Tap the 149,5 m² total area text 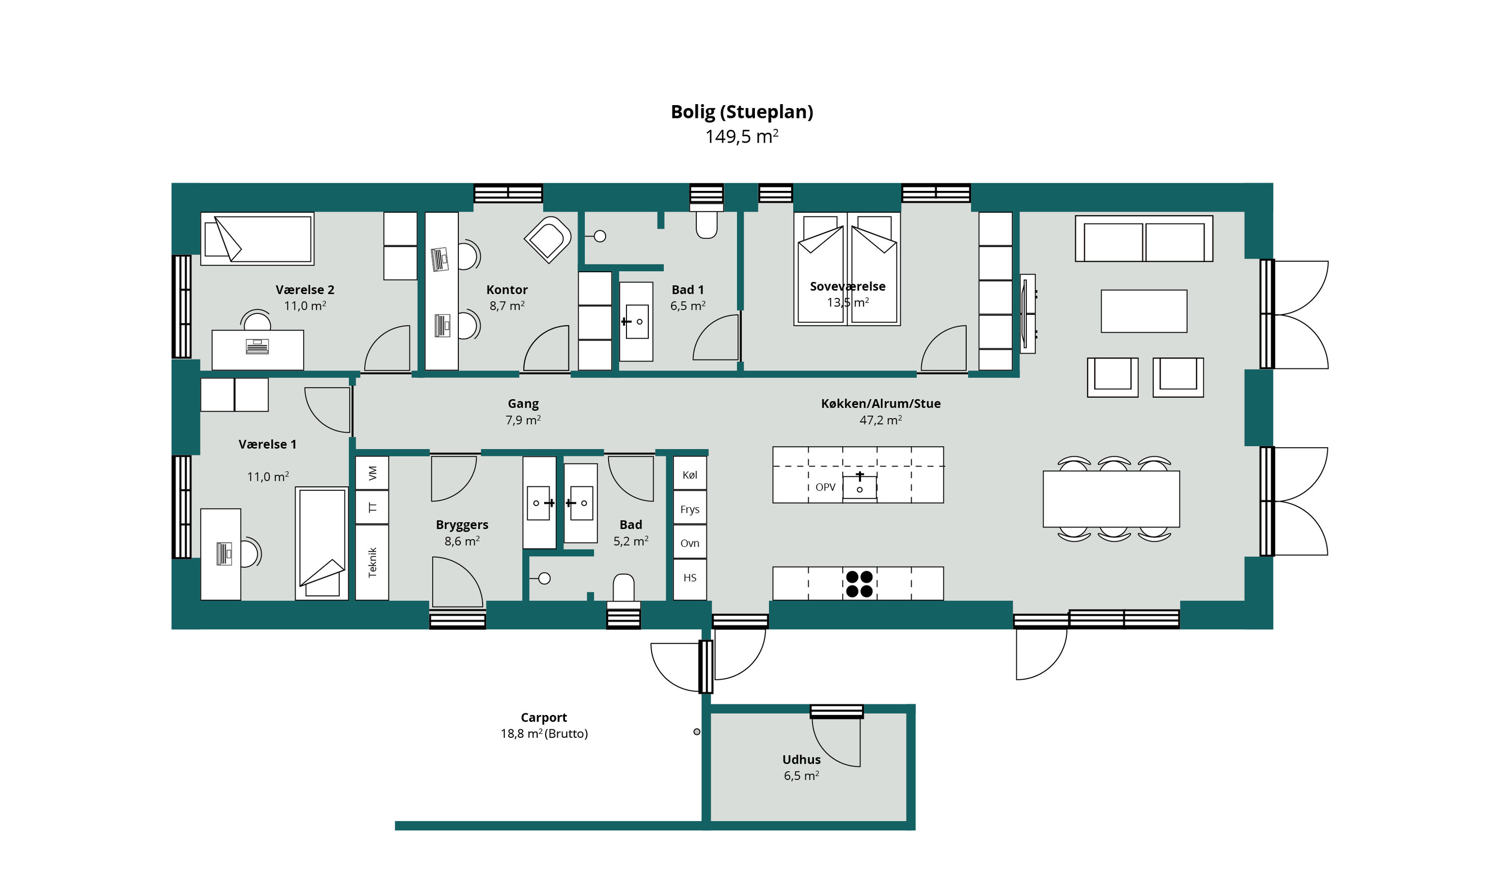[x=742, y=137]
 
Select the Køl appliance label [x=690, y=475]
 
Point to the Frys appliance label [x=690, y=510]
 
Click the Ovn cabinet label [x=690, y=543]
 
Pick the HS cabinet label [x=690, y=578]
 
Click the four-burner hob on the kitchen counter [x=860, y=584]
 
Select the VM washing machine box [x=372, y=473]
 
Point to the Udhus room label [x=802, y=760]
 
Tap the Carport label [x=544, y=717]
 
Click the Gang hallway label [x=523, y=405]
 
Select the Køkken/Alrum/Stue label [x=880, y=404]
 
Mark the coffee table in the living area [x=1144, y=311]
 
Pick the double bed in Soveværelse [x=847, y=269]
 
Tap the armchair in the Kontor [x=548, y=239]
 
